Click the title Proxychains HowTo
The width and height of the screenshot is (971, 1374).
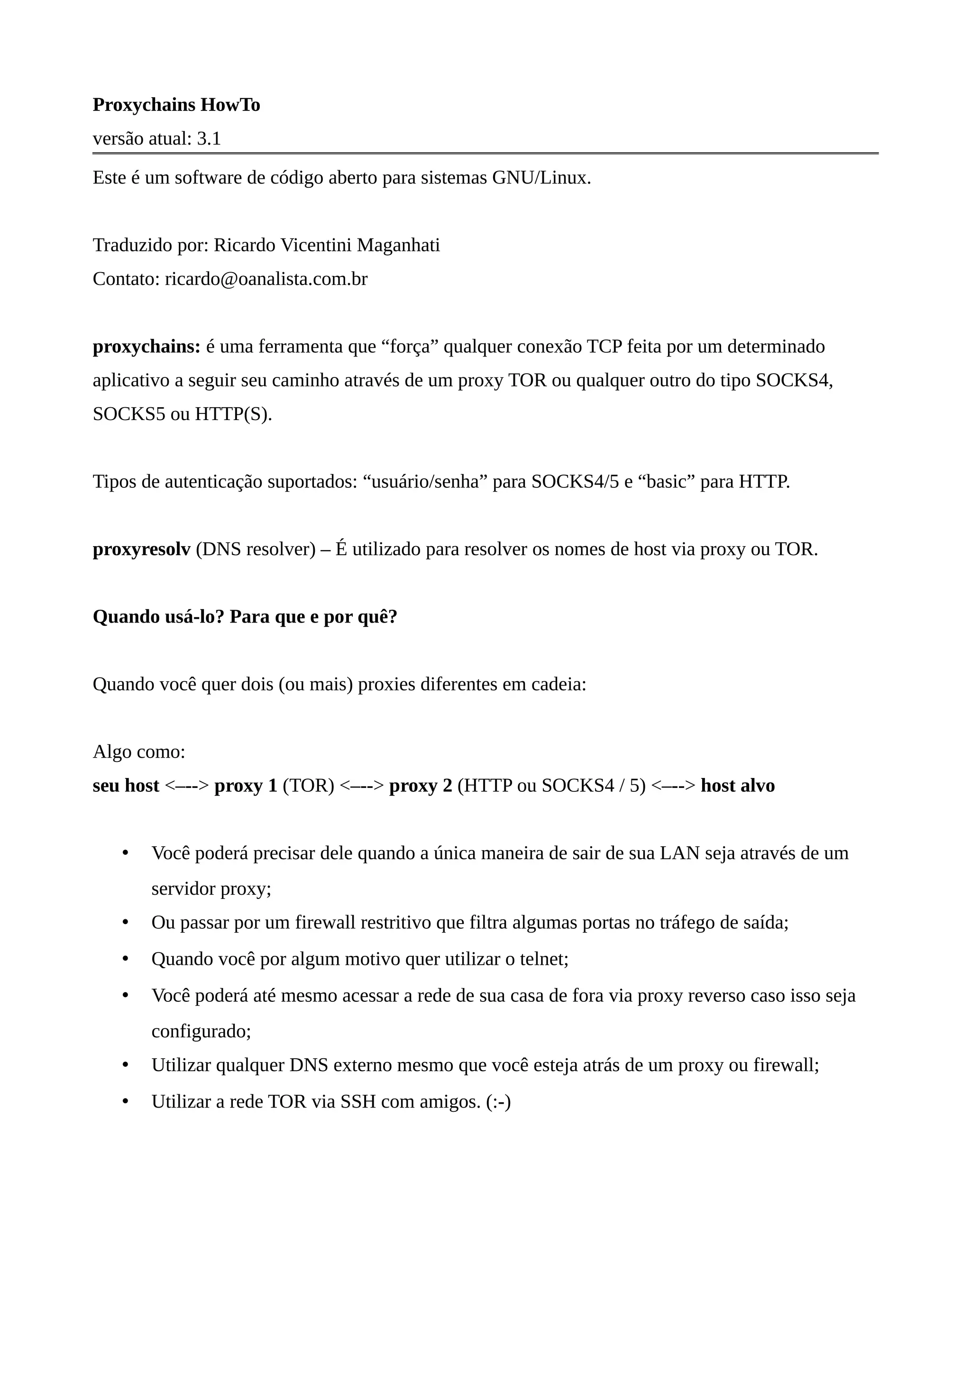click(176, 105)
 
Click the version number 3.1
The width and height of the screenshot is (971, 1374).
click(209, 139)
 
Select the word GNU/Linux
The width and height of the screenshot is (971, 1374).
click(541, 178)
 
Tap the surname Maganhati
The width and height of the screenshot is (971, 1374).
click(398, 246)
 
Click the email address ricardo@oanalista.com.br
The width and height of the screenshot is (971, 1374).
click(266, 279)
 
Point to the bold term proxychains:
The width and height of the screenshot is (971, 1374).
click(147, 347)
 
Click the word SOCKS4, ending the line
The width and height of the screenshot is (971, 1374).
click(795, 381)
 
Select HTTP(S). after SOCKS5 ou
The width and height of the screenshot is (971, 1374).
click(233, 414)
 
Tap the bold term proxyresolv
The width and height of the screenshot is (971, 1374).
click(142, 550)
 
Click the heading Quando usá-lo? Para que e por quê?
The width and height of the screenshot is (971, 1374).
click(245, 617)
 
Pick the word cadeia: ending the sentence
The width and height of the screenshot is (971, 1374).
click(559, 685)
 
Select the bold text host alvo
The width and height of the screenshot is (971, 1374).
click(738, 786)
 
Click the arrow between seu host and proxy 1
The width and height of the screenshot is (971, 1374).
click(187, 786)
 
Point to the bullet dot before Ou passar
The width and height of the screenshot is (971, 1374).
click(126, 923)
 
